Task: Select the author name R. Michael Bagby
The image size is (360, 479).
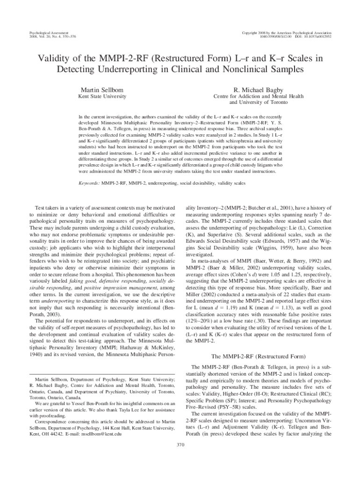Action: [x=258, y=89]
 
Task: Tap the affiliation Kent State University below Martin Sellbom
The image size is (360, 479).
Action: [x=101, y=96]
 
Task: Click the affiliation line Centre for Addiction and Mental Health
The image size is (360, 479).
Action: [x=258, y=96]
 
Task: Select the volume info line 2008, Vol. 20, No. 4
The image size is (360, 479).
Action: [x=52, y=36]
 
